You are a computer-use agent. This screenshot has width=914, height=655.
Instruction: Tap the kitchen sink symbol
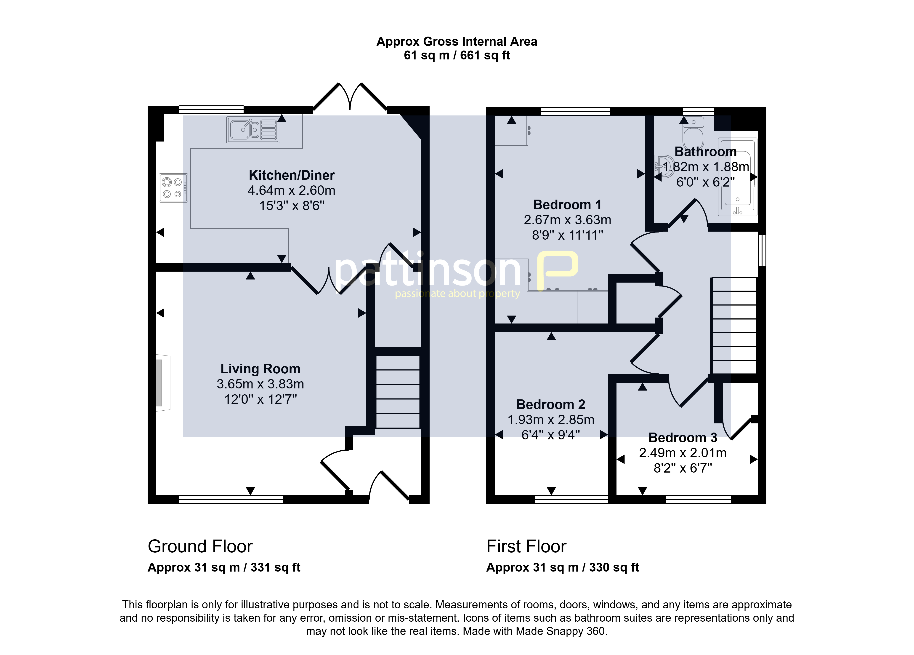click(x=253, y=130)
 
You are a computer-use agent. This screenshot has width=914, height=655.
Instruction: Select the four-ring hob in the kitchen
click(x=173, y=188)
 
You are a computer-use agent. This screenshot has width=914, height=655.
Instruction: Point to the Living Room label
click(x=260, y=369)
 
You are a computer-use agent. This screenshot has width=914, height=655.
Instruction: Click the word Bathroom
click(x=706, y=152)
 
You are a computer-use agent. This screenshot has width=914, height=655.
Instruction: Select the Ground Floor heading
click(x=200, y=546)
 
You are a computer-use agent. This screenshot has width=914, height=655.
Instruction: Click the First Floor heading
click(x=526, y=546)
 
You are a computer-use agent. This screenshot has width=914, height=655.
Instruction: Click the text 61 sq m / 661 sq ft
click(x=457, y=55)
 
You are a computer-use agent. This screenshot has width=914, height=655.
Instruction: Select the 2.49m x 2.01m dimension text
click(x=683, y=453)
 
